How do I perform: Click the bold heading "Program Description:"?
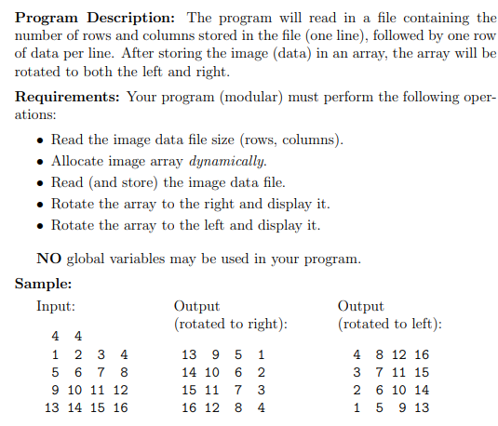coord(97,17)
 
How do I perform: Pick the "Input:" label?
coord(56,306)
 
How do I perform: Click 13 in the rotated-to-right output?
coord(190,353)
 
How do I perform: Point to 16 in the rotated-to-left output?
coord(421,353)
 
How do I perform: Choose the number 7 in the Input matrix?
coord(100,371)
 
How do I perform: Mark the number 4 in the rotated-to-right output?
coord(261,406)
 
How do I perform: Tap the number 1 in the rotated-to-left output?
coord(358,406)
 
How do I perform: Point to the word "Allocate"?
coord(79,160)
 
